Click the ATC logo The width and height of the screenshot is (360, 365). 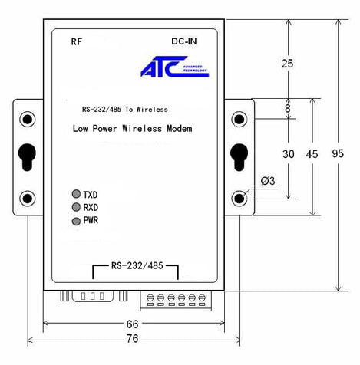coord(173,68)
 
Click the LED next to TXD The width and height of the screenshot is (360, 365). coord(76,193)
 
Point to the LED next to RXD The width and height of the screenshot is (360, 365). coord(76,206)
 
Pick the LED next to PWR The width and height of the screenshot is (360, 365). coord(76,221)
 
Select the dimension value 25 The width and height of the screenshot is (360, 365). coord(288,64)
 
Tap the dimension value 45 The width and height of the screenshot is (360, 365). coord(312,153)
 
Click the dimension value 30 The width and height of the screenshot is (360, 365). coord(288,153)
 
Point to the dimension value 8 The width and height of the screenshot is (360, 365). coord(288,109)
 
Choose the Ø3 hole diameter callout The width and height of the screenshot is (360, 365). coord(269,181)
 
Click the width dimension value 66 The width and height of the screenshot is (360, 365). coord(134,325)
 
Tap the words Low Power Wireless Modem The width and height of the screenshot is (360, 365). coord(131,128)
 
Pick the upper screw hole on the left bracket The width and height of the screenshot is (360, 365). coord(28,120)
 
